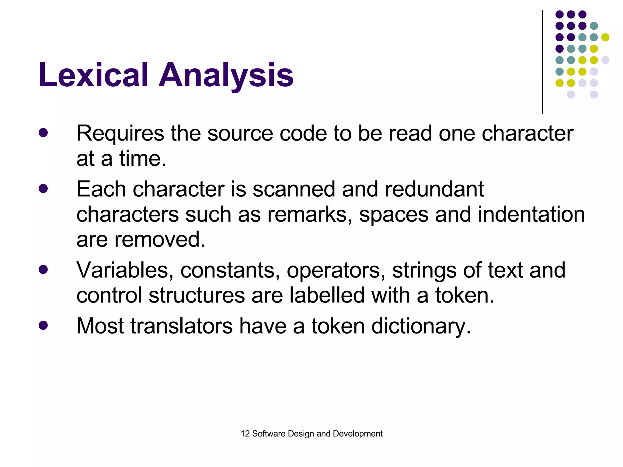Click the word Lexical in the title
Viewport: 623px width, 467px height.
coord(93,75)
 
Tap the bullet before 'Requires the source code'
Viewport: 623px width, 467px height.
coord(43,133)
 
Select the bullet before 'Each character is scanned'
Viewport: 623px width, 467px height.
coord(43,189)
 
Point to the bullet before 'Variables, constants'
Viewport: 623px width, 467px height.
coord(43,269)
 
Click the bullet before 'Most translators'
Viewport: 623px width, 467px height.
coord(43,325)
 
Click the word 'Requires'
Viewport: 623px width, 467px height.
coord(120,134)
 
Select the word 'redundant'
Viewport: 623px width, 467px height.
coord(434,189)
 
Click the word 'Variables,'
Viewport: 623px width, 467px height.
coord(125,270)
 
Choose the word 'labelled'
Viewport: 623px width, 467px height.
coord(327,295)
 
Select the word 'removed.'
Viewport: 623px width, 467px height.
coord(160,240)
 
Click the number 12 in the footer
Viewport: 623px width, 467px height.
coord(245,434)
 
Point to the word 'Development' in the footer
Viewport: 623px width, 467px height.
coord(357,434)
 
